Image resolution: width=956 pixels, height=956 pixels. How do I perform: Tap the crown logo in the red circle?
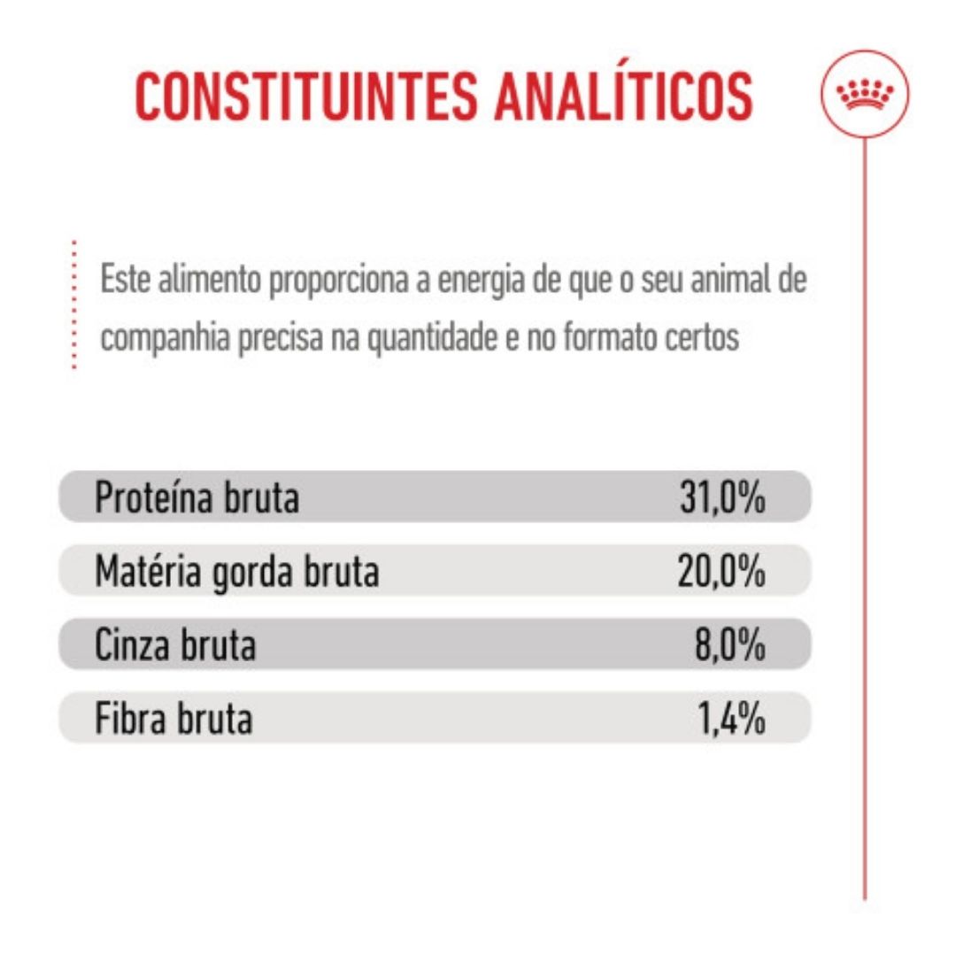coord(865,95)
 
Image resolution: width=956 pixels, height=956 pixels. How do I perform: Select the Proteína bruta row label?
coord(197,497)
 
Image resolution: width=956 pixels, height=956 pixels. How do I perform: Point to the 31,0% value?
coord(722,497)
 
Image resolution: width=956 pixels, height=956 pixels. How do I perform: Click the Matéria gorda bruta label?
coord(237,571)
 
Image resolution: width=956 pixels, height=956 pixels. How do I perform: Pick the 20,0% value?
coord(721,571)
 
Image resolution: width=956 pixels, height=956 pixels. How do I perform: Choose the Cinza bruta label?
coord(175,645)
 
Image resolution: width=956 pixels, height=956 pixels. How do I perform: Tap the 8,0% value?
coord(729,645)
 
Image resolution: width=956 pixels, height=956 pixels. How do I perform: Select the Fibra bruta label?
coord(173,718)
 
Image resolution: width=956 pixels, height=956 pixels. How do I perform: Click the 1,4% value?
coord(731,718)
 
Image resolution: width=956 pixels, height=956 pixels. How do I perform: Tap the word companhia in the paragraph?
coord(165,338)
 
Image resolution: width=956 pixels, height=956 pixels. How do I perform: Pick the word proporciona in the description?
coord(338,281)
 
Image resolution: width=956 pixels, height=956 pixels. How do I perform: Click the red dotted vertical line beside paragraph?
coord(73,305)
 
